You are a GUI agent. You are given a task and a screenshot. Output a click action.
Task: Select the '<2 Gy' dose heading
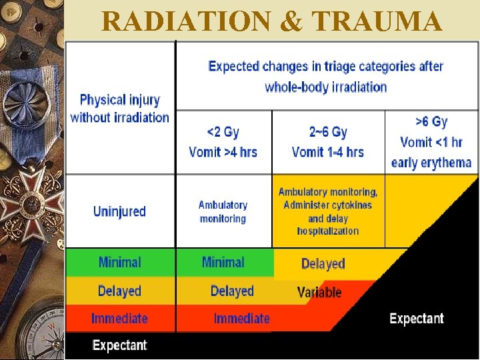[x=223, y=132]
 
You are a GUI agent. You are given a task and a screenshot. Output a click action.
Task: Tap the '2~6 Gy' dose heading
[x=328, y=132]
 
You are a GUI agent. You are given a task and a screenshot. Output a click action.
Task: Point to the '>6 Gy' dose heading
[x=431, y=121]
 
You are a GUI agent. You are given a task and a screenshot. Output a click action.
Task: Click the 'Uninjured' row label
[x=119, y=211]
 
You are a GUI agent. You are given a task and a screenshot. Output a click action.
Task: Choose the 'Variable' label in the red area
[x=319, y=292]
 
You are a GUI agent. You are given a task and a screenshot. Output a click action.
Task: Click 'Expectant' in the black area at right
[x=417, y=318]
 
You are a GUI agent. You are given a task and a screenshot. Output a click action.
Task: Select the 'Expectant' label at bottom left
[x=119, y=345]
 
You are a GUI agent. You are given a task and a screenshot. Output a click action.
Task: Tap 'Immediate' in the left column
[x=119, y=318]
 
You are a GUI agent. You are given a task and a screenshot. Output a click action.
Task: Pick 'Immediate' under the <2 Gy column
[x=241, y=319]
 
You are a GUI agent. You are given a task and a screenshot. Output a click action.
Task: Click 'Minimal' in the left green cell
[x=119, y=262]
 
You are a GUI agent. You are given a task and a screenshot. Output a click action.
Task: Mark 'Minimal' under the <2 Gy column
[x=223, y=262]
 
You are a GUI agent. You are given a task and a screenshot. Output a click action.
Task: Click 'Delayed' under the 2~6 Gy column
[x=323, y=264]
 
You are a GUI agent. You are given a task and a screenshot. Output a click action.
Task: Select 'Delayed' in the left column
[x=119, y=291]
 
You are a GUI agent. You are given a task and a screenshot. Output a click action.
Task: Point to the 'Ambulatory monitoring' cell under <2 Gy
[x=223, y=212]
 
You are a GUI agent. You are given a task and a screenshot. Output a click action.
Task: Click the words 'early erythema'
[x=431, y=163]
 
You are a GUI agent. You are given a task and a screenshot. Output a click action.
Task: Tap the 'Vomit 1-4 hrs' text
[x=328, y=152]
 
